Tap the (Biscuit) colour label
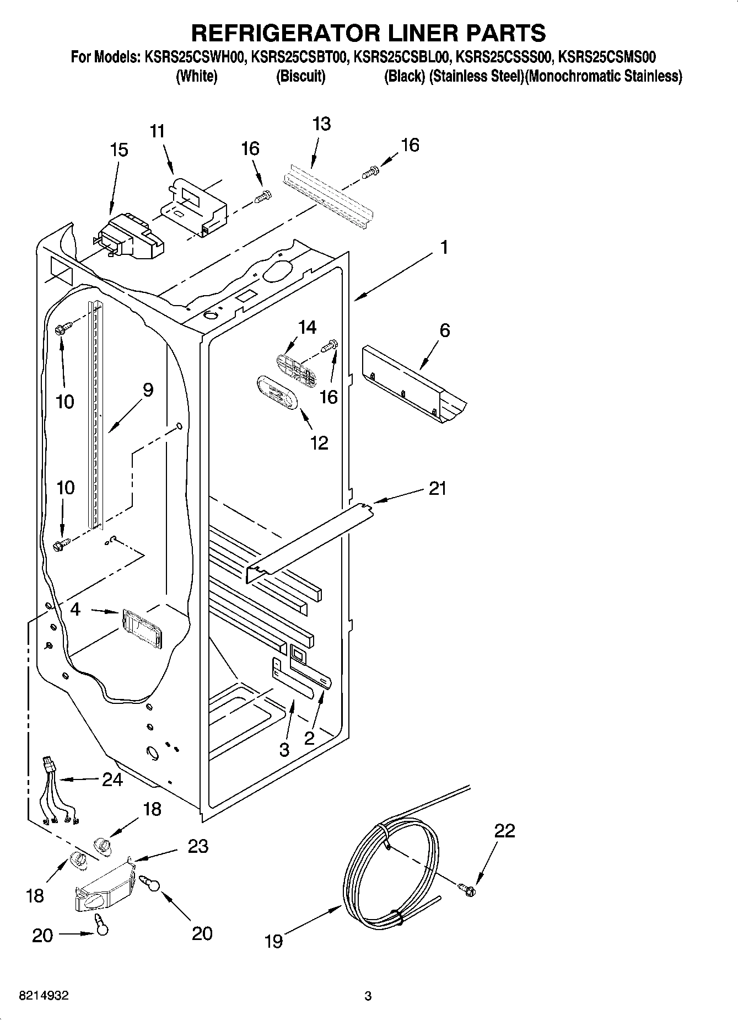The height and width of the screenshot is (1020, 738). coord(300,76)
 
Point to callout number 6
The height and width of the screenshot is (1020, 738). coord(444,330)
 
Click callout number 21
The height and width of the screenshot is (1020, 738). coord(437,488)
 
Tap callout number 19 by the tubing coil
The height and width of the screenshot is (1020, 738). coord(273,940)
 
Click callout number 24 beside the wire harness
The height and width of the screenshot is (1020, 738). coord(112,779)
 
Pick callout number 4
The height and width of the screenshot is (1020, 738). coord(76,610)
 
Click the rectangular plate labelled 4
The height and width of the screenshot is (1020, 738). coord(142,629)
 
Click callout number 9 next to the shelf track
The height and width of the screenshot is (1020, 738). coord(147,391)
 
